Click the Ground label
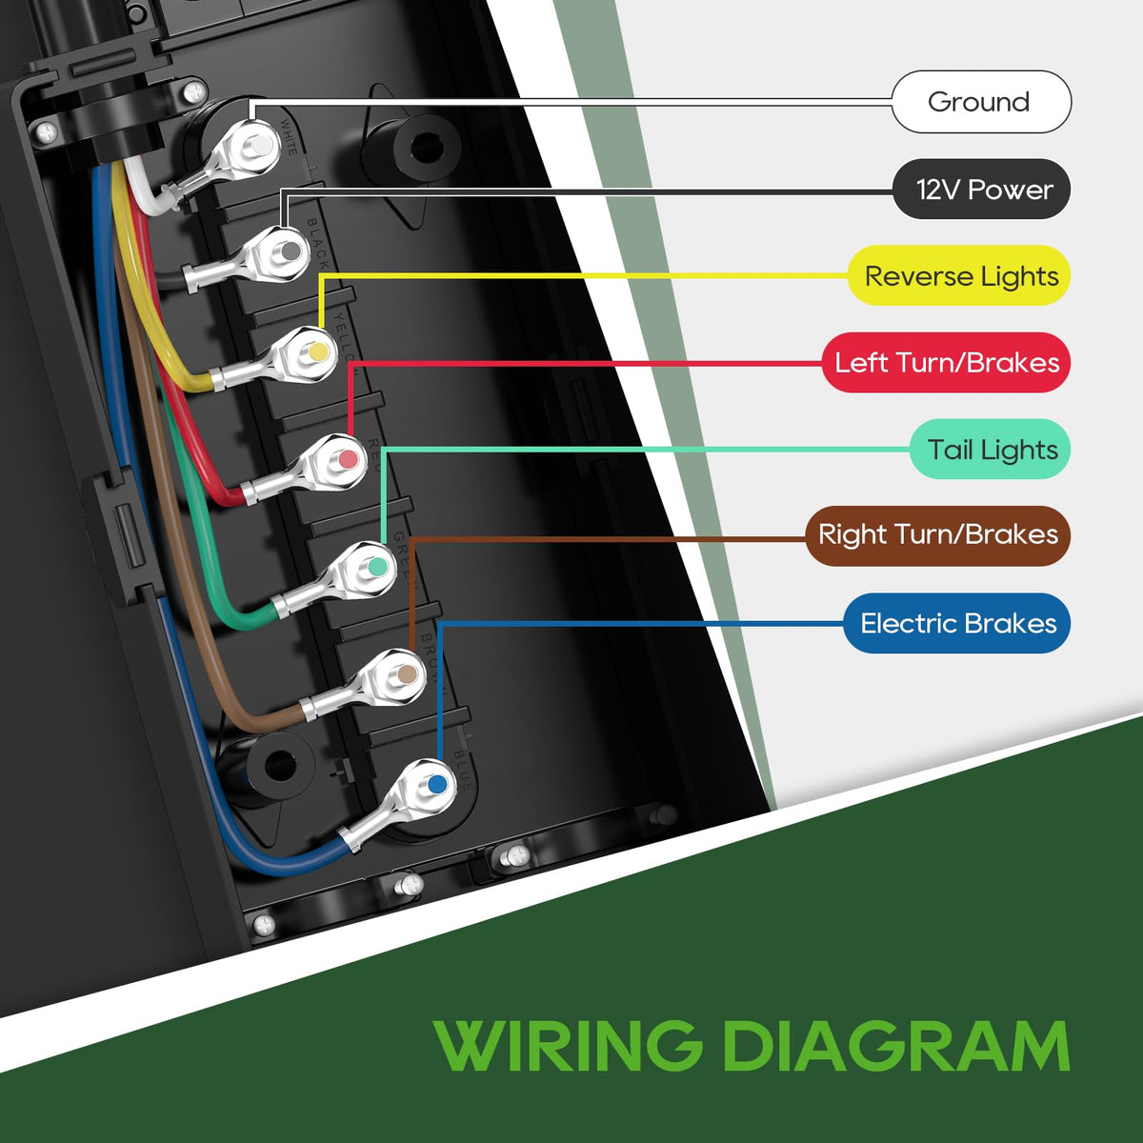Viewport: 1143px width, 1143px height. (980, 102)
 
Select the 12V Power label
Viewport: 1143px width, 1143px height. (982, 190)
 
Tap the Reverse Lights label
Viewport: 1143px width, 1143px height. (960, 276)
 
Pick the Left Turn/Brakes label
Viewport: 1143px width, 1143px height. (946, 363)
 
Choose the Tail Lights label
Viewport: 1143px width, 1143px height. (991, 450)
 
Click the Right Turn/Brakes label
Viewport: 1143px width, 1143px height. (937, 535)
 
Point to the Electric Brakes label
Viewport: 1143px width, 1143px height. (957, 624)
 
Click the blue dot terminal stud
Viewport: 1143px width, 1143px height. (436, 786)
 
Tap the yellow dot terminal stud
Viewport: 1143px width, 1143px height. (318, 351)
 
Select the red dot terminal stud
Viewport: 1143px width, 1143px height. (348, 460)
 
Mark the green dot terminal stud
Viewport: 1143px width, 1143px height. (377, 567)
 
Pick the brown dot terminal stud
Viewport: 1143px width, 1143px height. (407, 675)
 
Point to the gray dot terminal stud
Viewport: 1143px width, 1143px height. (289, 251)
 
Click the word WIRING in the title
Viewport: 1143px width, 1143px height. (569, 1045)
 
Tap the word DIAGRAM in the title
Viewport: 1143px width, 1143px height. (895, 1045)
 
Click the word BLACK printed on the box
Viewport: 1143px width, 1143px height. (318, 244)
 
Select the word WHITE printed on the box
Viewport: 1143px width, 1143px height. (290, 136)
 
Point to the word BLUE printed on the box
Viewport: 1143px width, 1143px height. (464, 770)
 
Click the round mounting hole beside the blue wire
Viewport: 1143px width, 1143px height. (279, 764)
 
